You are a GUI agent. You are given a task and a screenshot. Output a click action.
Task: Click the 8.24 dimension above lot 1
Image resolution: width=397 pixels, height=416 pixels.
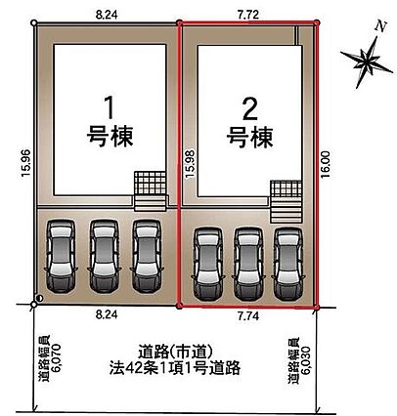(107, 15)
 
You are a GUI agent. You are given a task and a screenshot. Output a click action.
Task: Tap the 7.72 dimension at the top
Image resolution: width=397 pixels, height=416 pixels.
(248, 15)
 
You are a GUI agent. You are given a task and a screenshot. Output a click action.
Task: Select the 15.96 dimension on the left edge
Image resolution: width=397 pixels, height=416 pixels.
(26, 163)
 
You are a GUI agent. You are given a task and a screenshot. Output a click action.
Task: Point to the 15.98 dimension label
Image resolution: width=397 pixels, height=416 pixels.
(190, 164)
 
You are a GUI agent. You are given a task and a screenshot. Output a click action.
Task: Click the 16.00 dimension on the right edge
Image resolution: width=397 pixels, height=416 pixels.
(326, 164)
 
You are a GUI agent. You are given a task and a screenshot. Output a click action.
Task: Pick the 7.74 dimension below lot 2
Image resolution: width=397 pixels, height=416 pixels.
(248, 316)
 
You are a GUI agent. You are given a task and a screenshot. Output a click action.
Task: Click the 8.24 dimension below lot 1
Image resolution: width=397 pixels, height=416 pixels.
(107, 314)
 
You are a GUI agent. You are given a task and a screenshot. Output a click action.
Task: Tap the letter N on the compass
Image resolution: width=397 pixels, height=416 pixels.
(380, 26)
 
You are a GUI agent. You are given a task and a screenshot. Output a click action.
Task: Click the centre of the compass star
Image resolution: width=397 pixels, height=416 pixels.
(368, 61)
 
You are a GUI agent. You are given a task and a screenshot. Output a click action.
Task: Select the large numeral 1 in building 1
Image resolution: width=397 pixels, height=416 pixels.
(110, 108)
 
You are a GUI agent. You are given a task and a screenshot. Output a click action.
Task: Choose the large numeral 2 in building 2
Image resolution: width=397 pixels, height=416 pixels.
(250, 109)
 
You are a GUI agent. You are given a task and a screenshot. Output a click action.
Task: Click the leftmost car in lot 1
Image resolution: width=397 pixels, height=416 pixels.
(61, 256)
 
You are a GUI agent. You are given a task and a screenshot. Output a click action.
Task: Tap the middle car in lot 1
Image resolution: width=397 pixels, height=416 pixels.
(104, 256)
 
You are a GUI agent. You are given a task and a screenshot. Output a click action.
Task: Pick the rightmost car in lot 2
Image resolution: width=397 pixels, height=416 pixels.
(288, 264)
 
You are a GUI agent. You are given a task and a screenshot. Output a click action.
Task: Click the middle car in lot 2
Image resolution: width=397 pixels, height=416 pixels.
(248, 264)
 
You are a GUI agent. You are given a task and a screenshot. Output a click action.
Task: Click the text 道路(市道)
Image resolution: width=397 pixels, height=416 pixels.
(175, 353)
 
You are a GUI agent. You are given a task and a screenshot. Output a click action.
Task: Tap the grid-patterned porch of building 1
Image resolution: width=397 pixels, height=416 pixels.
(151, 184)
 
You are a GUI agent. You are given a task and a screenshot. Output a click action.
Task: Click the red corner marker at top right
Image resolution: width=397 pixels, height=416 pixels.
(316, 22)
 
